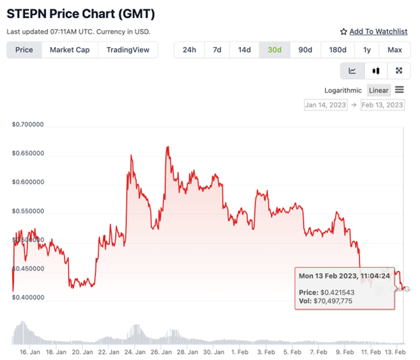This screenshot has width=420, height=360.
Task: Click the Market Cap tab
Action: [x=69, y=50]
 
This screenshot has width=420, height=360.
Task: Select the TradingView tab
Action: [x=127, y=50]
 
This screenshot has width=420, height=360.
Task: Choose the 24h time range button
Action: [x=189, y=50]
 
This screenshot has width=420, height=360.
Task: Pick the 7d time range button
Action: [x=217, y=50]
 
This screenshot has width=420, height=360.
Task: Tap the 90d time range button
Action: [x=305, y=50]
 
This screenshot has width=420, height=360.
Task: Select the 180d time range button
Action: [x=338, y=50]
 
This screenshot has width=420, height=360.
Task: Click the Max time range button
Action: [x=394, y=50]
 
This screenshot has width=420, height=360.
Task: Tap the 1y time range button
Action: [x=367, y=50]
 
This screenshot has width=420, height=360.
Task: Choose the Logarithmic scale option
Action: [x=343, y=90]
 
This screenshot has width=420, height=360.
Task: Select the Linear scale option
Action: [x=379, y=90]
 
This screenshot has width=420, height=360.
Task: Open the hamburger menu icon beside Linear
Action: [x=400, y=90]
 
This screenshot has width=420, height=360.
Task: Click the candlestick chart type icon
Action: [x=376, y=71]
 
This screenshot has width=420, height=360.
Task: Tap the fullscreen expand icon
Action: [x=398, y=71]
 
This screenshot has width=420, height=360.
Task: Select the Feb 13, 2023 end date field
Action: [x=382, y=105]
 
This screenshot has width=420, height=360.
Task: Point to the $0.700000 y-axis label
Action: [x=28, y=124]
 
